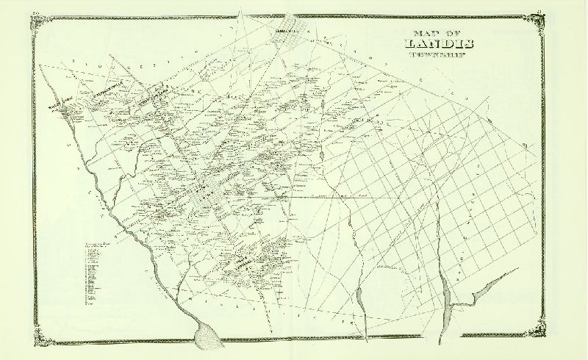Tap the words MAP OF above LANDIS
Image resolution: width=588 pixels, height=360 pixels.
tap(434, 35)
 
